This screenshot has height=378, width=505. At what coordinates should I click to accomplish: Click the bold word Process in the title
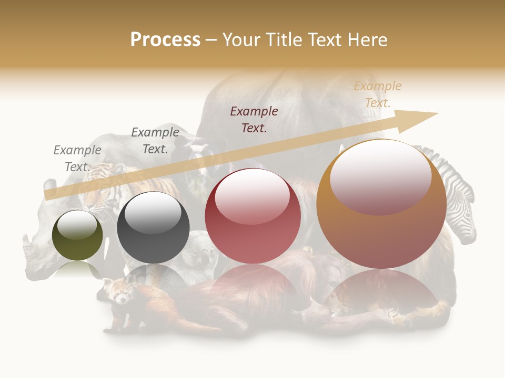pyautogui.click(x=165, y=40)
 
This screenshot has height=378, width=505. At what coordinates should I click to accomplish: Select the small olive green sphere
pyautogui.click(x=77, y=235)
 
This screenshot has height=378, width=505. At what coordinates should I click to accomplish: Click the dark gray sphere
pyautogui.click(x=153, y=227)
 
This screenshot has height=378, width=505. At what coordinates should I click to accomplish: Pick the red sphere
pyautogui.click(x=252, y=216)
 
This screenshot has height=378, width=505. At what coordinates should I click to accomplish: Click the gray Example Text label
pyautogui.click(x=77, y=158)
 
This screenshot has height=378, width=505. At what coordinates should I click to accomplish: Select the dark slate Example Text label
pyautogui.click(x=155, y=140)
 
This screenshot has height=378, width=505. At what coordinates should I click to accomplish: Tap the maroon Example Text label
pyautogui.click(x=254, y=119)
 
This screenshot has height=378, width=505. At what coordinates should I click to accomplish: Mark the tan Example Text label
pyautogui.click(x=378, y=94)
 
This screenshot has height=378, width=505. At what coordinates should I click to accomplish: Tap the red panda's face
pyautogui.click(x=118, y=292)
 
